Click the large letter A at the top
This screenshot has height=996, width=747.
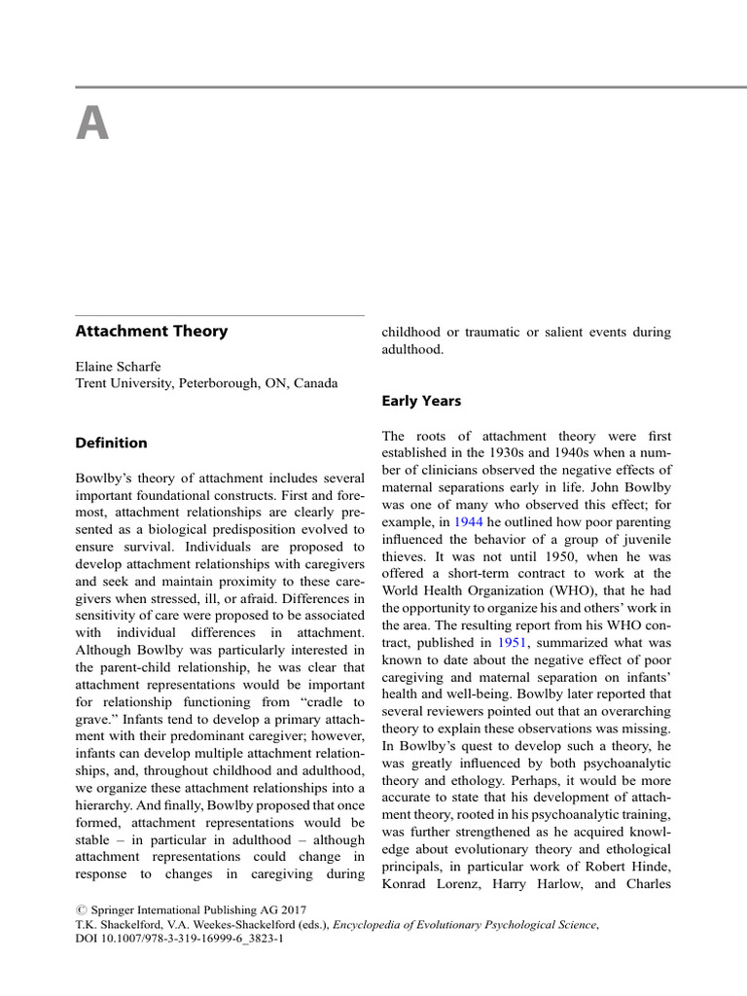pos(92,125)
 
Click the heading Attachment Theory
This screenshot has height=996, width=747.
pos(152,331)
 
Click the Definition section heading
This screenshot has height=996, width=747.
pos(112,443)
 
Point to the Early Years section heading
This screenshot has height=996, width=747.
pos(420,401)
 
